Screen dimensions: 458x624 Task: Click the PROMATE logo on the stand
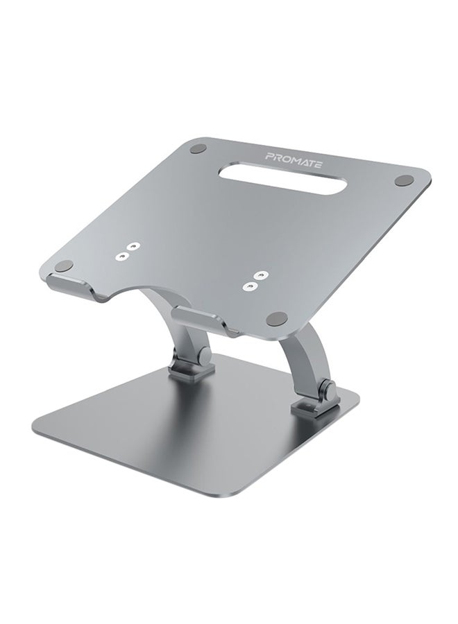click(x=294, y=160)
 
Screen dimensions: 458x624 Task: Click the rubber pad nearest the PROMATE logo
click(x=198, y=148)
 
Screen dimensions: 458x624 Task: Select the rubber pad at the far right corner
click(x=404, y=180)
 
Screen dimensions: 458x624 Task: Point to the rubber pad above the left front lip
click(x=64, y=266)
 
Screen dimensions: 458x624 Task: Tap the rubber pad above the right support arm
click(x=277, y=318)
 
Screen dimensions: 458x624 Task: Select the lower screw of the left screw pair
click(x=121, y=257)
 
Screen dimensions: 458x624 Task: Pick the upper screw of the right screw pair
click(x=260, y=275)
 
